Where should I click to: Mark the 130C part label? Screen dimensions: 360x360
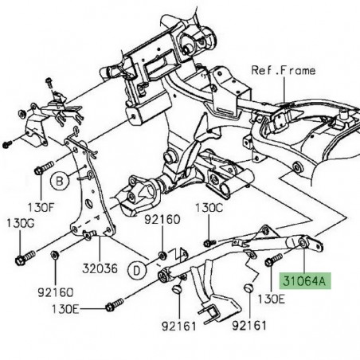click(209, 208)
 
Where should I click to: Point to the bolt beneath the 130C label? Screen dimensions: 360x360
click(209, 241)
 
